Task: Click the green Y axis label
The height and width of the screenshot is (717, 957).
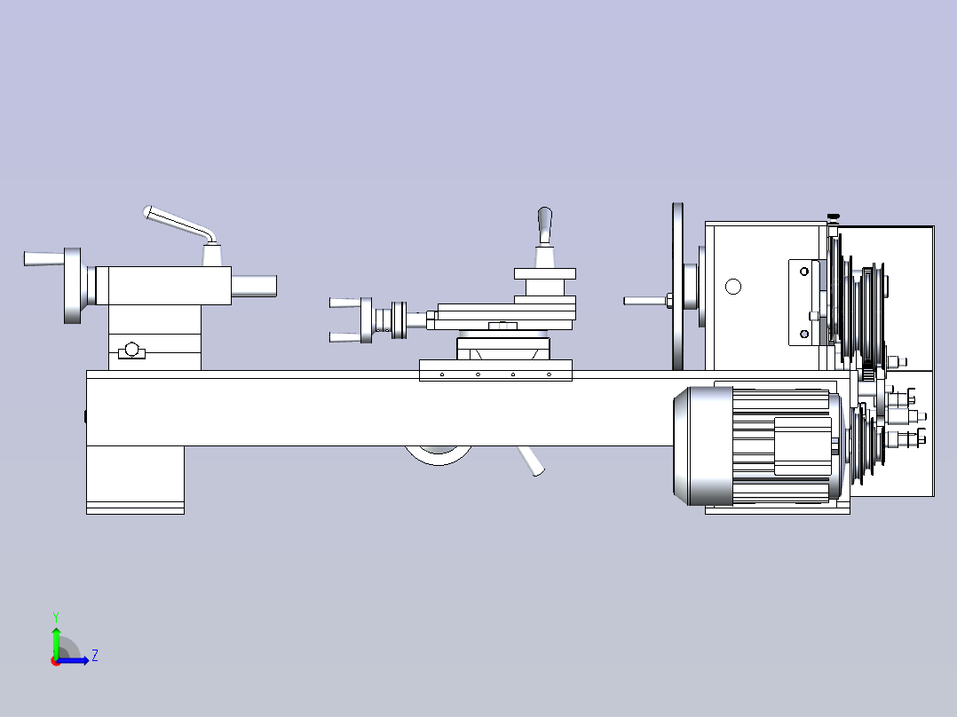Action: point(56,617)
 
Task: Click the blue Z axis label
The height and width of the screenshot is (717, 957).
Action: point(95,656)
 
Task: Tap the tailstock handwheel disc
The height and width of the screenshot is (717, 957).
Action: point(73,286)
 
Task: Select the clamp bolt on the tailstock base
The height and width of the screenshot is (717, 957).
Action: point(131,351)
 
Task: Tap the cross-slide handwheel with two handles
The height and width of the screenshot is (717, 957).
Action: point(366,319)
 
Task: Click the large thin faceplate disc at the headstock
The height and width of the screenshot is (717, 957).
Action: point(677,287)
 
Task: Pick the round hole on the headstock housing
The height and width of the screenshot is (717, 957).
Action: point(733,287)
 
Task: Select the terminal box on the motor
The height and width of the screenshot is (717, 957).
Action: point(803,446)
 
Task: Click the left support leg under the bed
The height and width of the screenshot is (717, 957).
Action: point(136,480)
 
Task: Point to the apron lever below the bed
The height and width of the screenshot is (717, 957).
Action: point(530,461)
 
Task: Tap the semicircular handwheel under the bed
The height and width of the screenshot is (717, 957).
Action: point(439,455)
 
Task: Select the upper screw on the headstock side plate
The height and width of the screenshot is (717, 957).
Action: point(804,271)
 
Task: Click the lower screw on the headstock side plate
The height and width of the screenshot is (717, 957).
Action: point(804,334)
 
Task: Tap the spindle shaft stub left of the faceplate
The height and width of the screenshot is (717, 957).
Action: point(647,301)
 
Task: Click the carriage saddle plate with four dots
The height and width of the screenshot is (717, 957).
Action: point(495,370)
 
